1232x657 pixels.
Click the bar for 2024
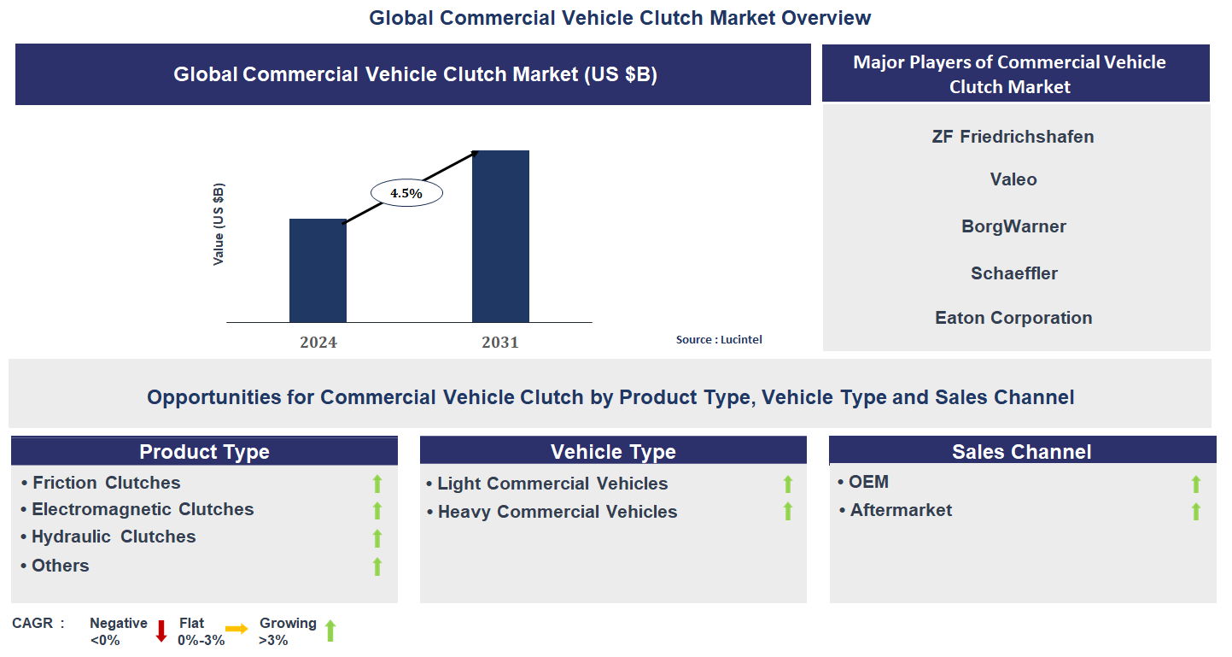tap(318, 271)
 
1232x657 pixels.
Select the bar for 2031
tap(500, 237)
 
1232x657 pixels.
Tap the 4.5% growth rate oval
tap(406, 193)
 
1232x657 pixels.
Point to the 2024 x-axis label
tap(318, 343)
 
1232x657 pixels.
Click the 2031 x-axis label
tap(500, 343)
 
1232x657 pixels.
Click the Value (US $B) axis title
tap(219, 224)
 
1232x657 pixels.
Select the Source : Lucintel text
tap(719, 339)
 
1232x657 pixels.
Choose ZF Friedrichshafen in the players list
tap(1013, 137)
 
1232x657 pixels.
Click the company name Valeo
tap(1013, 179)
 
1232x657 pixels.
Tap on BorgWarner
tap(1013, 226)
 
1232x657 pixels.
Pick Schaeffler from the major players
tap(1013, 273)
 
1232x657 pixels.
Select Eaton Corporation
tap(1013, 318)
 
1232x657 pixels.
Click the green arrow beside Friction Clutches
tap(377, 484)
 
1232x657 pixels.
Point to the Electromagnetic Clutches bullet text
tap(143, 510)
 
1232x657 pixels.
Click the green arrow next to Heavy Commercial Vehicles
tap(788, 512)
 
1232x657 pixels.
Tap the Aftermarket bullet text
tap(901, 511)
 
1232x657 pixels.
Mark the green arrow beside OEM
tap(1196, 484)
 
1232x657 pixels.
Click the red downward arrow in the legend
tap(161, 631)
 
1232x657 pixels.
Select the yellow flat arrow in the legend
tap(236, 629)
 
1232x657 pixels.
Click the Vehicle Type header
tap(613, 452)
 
